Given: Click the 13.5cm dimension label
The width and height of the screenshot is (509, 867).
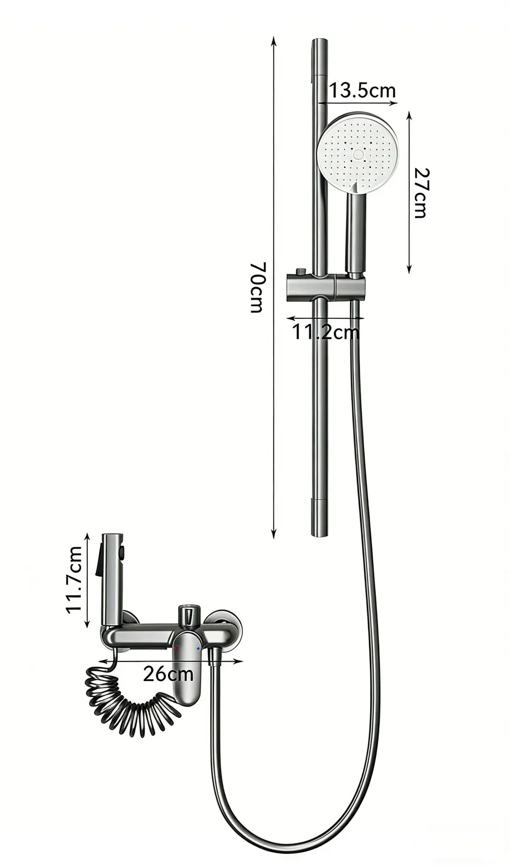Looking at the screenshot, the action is pos(362,90).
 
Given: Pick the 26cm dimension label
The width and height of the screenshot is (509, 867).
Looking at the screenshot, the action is pos(168,674).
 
